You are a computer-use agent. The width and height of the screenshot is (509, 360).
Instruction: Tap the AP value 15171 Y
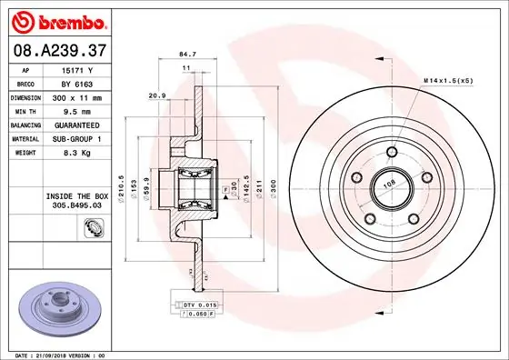78,69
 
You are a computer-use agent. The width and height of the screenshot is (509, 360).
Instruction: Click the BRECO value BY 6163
78,83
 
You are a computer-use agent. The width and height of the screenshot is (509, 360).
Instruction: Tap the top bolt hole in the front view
392,152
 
